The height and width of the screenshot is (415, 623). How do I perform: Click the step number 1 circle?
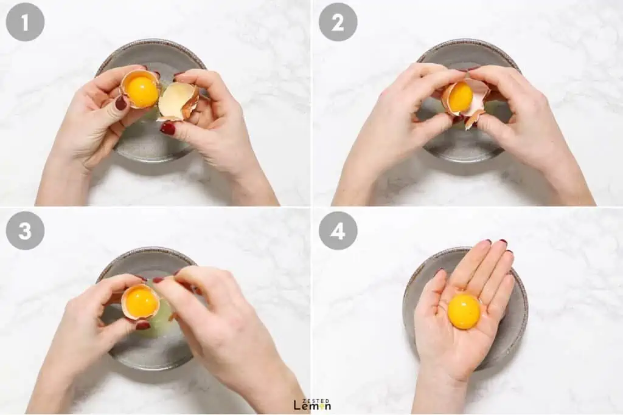click(25, 22)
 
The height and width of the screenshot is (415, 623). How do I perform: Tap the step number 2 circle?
click(338, 22)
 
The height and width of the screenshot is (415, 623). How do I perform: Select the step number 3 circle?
click(25, 230)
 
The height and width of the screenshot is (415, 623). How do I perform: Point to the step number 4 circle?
click(338, 230)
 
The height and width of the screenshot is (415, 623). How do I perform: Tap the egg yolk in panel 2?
click(460, 97)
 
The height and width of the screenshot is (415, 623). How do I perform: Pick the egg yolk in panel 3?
click(141, 301)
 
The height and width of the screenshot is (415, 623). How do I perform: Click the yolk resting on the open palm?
click(464, 312)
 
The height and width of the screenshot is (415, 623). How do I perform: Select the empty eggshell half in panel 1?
click(178, 101)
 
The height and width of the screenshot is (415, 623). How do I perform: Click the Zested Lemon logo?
click(312, 404)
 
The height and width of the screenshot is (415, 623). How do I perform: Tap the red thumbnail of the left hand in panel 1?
click(121, 103)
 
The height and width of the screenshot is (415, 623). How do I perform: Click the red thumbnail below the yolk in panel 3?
click(143, 326)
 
